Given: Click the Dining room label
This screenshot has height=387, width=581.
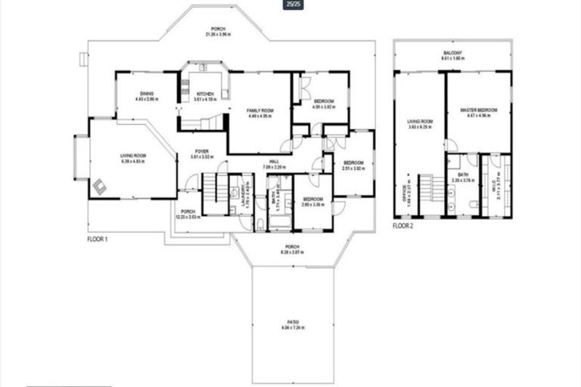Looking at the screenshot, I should coord(147,94).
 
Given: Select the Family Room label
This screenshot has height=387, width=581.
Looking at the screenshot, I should coord(259,111).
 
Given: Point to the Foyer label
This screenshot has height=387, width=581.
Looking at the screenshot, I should coord(201,152).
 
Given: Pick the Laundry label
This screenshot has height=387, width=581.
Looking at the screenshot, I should coord(244,196).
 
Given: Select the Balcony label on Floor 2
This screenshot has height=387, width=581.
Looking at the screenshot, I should coord(453,53).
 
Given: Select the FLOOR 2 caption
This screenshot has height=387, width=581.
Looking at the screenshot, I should coord(403,225).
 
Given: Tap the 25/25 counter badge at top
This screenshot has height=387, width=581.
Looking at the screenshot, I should coord(290,5).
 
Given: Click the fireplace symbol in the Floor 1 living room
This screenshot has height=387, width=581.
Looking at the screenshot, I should coord(98,184).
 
